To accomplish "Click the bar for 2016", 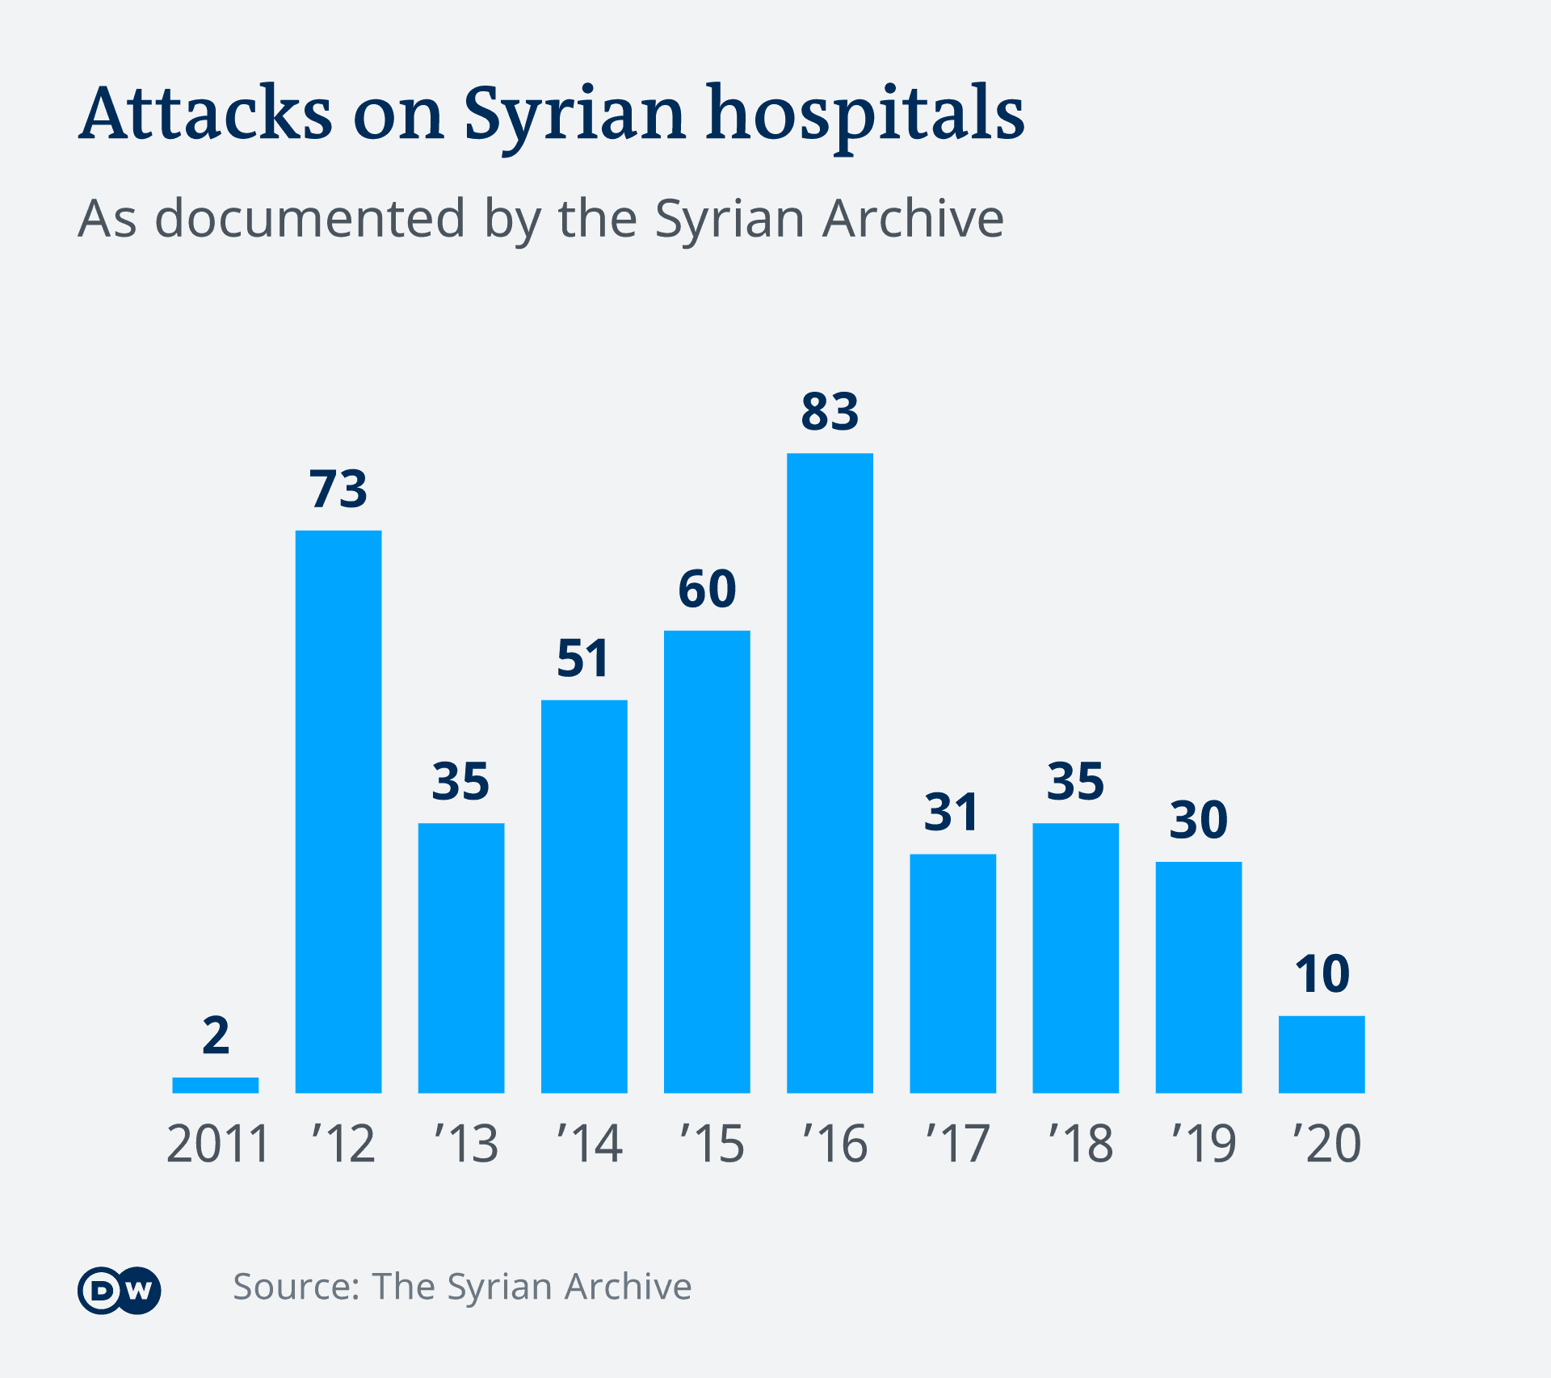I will (830, 772).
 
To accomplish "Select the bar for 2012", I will (338, 811).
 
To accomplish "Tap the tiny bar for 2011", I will (216, 1085).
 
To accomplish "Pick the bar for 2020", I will (1322, 1054).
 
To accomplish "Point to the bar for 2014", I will (584, 896).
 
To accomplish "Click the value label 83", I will (830, 411).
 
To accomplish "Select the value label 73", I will (338, 489).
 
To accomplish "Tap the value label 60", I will (707, 589).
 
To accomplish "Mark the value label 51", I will (582, 658).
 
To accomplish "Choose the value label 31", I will (952, 812).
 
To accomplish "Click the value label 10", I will (1322, 973).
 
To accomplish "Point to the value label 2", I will (216, 1036).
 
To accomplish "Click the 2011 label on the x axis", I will (217, 1144).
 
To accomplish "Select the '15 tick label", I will (711, 1144).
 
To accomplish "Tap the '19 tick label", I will (1203, 1144).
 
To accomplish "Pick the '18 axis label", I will (1080, 1144).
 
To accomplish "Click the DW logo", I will (120, 1290).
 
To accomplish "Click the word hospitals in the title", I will (865, 115).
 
